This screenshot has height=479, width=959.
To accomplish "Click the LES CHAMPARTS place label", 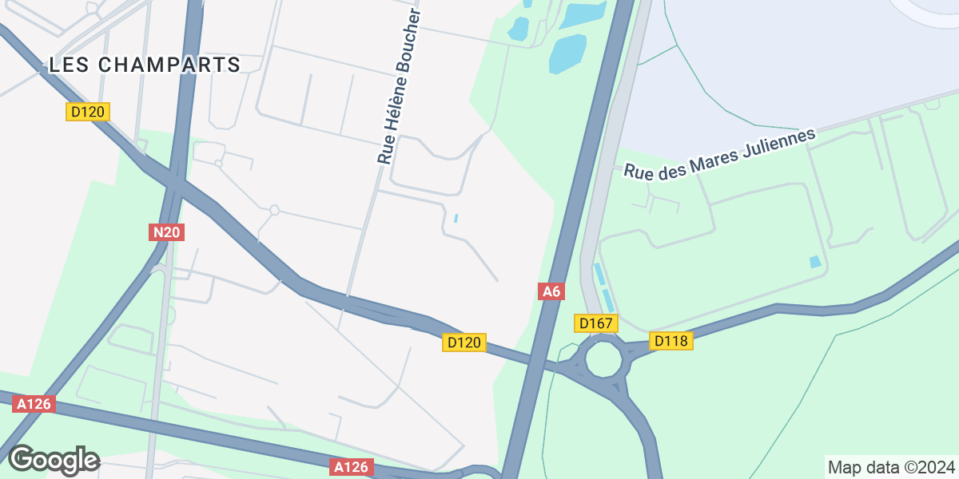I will (145, 65).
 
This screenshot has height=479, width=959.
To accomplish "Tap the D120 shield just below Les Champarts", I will (87, 112).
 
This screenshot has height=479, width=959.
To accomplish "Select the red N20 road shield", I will (167, 232).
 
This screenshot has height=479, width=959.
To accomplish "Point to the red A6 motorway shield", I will (551, 291).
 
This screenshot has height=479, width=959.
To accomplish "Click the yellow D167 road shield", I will (595, 323).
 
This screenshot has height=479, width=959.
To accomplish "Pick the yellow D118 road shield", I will (671, 341).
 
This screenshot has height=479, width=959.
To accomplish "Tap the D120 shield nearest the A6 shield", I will (464, 342).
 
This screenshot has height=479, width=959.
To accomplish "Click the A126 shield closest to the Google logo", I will (34, 405).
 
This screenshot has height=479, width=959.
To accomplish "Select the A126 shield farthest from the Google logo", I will (352, 467).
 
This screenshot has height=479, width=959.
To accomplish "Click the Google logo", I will (54, 460).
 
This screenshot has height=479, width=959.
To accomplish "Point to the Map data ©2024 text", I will (890, 467).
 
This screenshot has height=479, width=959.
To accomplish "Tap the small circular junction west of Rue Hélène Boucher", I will (274, 210).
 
